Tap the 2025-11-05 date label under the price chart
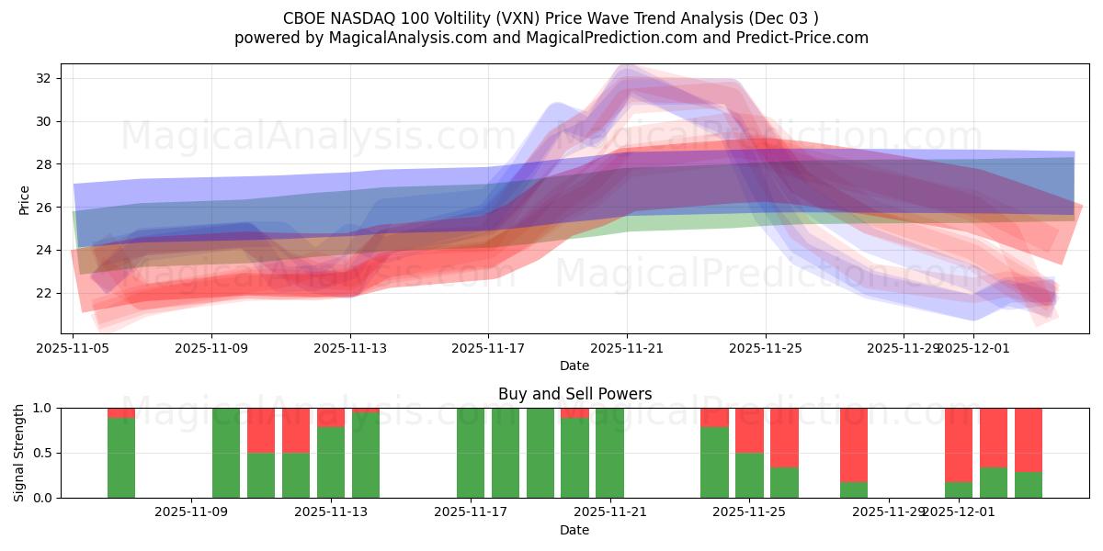[x=74, y=348]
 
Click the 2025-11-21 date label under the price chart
[x=627, y=348]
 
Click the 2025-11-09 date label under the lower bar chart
[x=191, y=512]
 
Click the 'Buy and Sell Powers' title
[x=574, y=394]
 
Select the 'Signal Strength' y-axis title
[x=19, y=453]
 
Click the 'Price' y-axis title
[x=24, y=200]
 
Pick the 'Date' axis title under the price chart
[x=574, y=365]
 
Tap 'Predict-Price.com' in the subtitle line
[x=795, y=38]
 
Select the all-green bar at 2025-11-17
[x=471, y=453]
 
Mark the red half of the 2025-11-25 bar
[x=749, y=430]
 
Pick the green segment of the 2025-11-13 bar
[x=331, y=463]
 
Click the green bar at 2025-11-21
[x=609, y=453]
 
